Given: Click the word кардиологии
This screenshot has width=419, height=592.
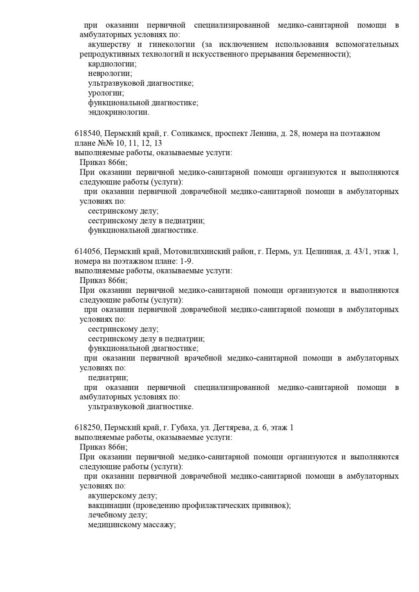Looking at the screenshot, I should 112,64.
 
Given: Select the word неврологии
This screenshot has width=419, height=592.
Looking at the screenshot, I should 110,73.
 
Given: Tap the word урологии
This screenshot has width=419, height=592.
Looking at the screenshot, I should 106,93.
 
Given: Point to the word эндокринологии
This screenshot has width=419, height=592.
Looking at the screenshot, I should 119,112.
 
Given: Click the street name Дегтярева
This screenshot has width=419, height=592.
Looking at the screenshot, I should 231,428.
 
